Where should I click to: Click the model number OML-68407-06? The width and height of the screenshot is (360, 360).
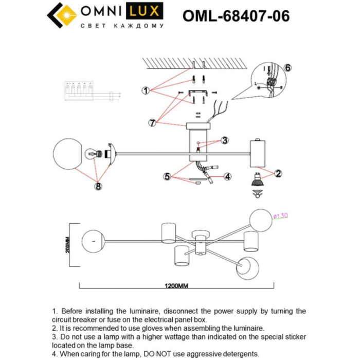pos(236,16)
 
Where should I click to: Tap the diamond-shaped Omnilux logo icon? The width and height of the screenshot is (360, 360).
pos(61,15)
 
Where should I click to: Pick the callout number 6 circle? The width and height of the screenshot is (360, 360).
pos(287,68)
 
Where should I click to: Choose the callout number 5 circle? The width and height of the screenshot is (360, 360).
pos(167,176)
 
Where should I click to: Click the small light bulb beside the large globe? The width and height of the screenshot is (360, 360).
pos(93,153)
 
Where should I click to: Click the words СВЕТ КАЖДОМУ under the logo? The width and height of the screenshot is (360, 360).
pos(122,26)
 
